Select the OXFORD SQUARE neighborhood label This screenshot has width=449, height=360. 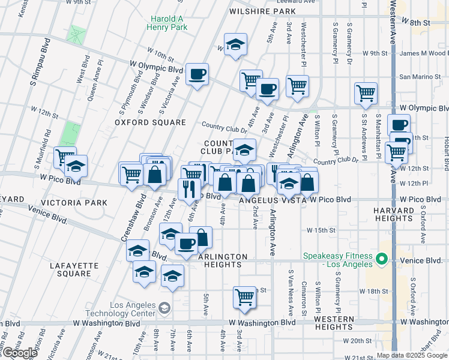[151, 122]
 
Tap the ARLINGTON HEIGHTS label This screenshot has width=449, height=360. [223, 256]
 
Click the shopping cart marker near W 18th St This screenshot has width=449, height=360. [244, 297]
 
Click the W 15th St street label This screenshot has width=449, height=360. [320, 230]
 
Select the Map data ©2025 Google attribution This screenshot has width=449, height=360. [411, 355]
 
